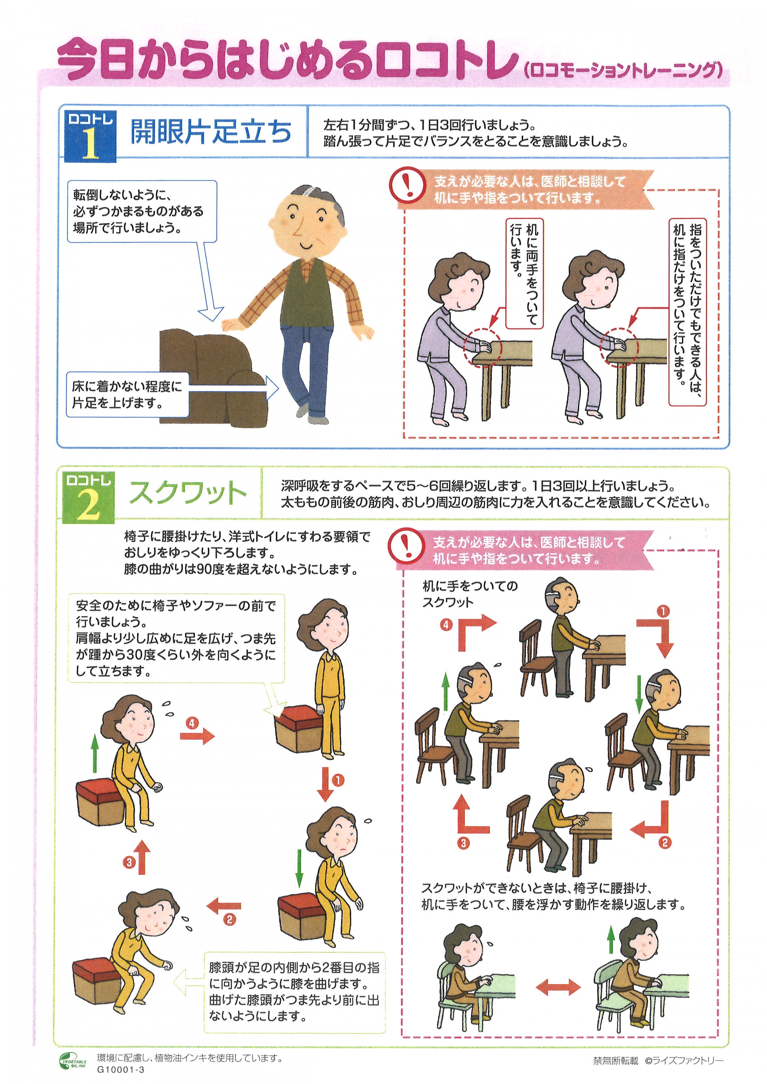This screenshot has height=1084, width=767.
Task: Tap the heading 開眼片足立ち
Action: (x=211, y=131)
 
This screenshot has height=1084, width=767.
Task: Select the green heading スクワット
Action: (x=187, y=493)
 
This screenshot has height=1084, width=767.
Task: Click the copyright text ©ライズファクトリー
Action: (x=684, y=1061)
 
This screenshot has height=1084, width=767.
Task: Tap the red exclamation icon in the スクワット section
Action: (x=406, y=545)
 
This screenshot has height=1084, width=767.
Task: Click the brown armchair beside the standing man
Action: (x=213, y=377)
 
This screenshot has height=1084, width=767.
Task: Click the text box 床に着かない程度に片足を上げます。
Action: (x=127, y=395)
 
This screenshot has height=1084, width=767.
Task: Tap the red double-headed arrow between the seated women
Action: (x=558, y=986)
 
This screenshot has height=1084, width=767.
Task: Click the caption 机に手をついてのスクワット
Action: (x=470, y=594)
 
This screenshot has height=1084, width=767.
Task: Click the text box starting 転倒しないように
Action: (x=142, y=212)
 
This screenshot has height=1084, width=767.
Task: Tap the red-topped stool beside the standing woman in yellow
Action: (x=298, y=729)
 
